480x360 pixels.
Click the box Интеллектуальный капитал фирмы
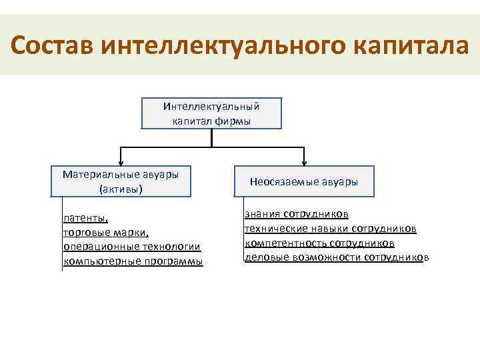click(211, 113)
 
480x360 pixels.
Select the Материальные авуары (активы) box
click(121, 181)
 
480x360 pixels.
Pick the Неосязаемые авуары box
click(304, 181)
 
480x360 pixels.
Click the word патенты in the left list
click(85, 218)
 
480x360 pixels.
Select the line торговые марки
click(105, 233)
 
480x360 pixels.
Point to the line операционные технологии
click(131, 247)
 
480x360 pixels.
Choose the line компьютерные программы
click(133, 261)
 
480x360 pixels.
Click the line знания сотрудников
click(297, 214)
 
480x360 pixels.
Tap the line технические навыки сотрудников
click(331, 229)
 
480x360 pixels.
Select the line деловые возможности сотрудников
click(337, 258)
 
